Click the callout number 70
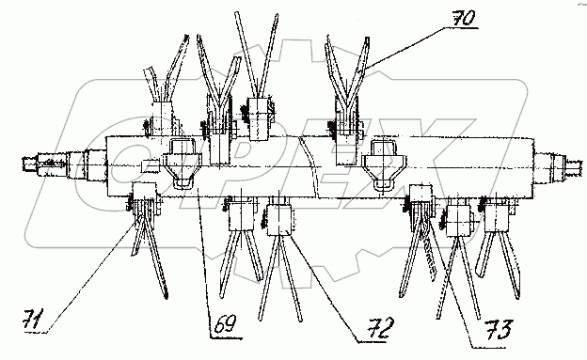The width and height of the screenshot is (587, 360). coord(464,18)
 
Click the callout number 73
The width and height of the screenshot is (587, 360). coord(499,329)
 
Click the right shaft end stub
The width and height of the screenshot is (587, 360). coord(559,164)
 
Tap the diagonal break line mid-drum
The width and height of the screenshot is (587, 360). coord(309,166)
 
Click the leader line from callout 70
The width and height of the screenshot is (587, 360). coord(405,49)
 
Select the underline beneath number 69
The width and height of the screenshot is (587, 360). coord(226,338)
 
